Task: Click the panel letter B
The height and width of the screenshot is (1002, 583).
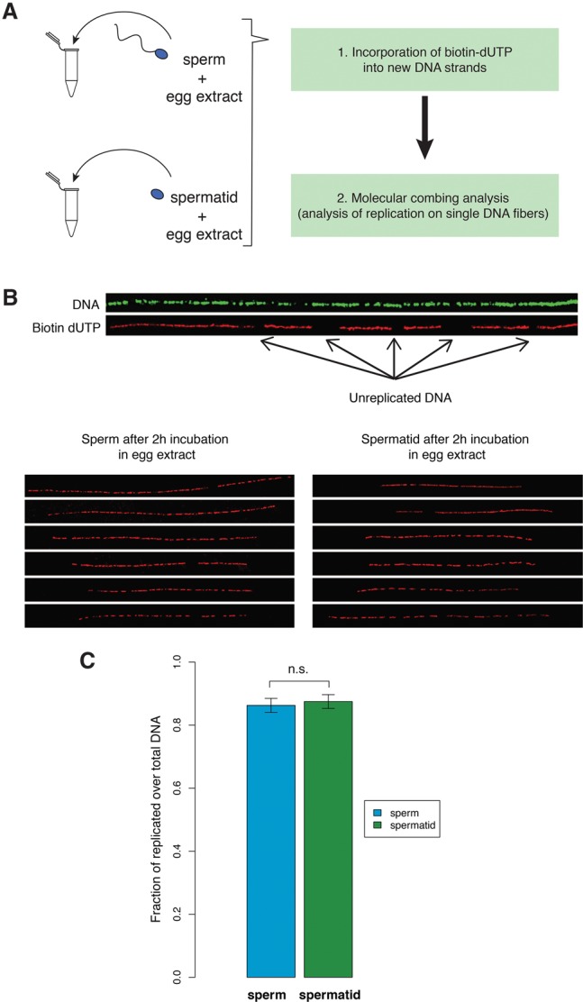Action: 12,295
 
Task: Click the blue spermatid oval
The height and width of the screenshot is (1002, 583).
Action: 158,195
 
